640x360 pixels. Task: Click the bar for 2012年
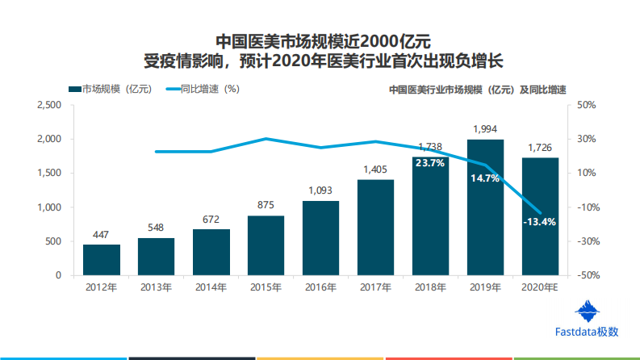pyautogui.click(x=102, y=259)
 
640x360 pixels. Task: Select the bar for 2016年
pyautogui.click(x=320, y=237)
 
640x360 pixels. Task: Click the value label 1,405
pyautogui.click(x=375, y=170)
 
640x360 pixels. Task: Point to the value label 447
pyautogui.click(x=102, y=234)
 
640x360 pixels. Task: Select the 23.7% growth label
pyautogui.click(x=429, y=163)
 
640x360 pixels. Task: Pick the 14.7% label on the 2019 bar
pyautogui.click(x=485, y=178)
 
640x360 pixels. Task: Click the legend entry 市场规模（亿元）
pyautogui.click(x=109, y=90)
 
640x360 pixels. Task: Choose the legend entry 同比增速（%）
pyautogui.click(x=202, y=90)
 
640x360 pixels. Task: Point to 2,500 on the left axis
pyautogui.click(x=49, y=105)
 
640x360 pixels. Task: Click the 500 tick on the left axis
pyautogui.click(x=53, y=241)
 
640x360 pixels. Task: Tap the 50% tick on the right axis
pyautogui.click(x=586, y=105)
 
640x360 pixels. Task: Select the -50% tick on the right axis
pyautogui.click(x=586, y=275)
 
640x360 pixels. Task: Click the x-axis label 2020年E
pyautogui.click(x=540, y=287)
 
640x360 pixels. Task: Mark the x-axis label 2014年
pyautogui.click(x=211, y=287)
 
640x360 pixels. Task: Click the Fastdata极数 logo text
pyautogui.click(x=587, y=331)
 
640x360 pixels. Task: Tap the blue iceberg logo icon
pyautogui.click(x=588, y=312)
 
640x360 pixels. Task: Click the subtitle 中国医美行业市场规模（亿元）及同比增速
pyautogui.click(x=477, y=90)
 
